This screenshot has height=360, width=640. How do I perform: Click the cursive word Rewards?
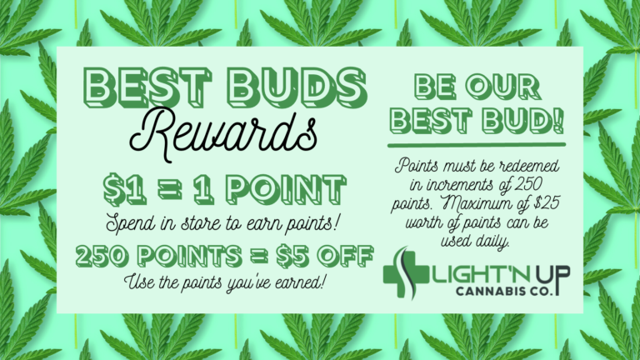[223, 134]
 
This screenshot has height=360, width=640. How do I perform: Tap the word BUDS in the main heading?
[297, 87]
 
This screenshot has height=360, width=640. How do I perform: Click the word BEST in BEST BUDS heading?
[147, 87]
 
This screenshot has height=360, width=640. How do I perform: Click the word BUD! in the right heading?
[522, 121]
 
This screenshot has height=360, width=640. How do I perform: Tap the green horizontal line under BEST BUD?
[477, 145]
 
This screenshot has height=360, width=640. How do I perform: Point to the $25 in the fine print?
[547, 202]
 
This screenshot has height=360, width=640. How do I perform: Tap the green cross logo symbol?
[405, 273]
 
